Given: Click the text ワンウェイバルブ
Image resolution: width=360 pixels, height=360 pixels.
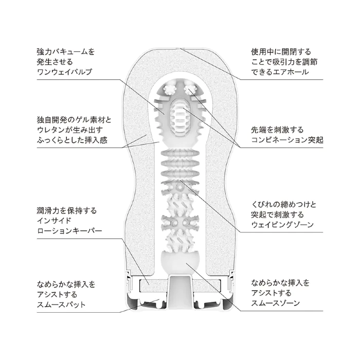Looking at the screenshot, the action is tap(64, 72).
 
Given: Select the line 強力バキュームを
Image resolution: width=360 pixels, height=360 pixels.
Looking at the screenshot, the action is tap(66, 52).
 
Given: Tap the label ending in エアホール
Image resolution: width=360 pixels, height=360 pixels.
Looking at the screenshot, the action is tap(280, 72).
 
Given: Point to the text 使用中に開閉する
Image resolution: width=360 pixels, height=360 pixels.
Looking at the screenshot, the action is tap(281, 52).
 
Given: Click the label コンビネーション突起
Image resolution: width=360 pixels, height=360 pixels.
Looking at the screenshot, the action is tap(287, 139).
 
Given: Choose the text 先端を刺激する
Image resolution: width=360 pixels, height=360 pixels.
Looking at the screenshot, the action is tap(277, 130).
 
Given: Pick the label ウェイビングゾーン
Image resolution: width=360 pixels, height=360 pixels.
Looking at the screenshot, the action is tap(282, 225).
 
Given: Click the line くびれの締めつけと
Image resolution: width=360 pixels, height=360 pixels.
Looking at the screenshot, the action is tap(284, 205).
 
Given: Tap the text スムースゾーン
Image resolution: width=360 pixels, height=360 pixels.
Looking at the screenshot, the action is tap(276, 303).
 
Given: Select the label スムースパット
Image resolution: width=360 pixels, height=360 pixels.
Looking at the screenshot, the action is tap(61, 304).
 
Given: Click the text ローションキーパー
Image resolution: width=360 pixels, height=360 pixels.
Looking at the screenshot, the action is tap(69, 230).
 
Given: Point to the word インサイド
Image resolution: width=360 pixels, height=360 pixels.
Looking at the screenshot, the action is tap(54, 221).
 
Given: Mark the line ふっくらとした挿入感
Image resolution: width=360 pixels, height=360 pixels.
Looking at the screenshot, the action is tap(72, 140).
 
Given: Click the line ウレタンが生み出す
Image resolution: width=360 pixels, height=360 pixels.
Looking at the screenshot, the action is tap(70, 130).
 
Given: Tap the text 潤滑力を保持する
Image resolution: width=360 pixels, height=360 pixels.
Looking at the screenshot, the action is tap(67, 211).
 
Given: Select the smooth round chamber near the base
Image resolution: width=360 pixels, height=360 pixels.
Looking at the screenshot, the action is tap(180, 262).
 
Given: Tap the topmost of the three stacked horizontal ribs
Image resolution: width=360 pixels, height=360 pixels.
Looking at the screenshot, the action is tap(180, 153).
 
